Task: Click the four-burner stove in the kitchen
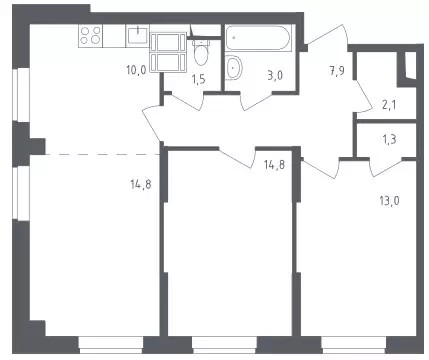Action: click(91, 36)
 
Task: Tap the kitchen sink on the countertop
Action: click(137, 36)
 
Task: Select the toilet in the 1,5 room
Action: click(201, 53)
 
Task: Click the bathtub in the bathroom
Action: click(259, 37)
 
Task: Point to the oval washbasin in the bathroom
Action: click(234, 67)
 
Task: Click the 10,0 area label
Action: click(136, 70)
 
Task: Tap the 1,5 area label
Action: click(198, 80)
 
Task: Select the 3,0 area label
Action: click(275, 75)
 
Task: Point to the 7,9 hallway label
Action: click(337, 71)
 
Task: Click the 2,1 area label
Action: click(389, 106)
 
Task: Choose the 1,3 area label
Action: click(389, 139)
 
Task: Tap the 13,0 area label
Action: click(389, 201)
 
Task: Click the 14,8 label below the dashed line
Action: click(141, 184)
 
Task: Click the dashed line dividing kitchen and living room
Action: click(103, 154)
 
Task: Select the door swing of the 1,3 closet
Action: click(386, 167)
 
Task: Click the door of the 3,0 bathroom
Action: click(256, 101)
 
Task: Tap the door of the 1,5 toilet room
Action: click(185, 101)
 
